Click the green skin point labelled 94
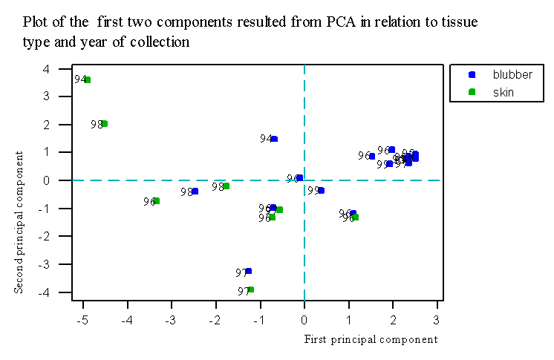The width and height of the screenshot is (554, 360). [88, 79]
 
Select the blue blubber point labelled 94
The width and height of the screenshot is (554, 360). [274, 139]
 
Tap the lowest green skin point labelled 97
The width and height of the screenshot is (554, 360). [251, 289]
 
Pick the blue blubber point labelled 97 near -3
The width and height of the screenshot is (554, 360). [248, 271]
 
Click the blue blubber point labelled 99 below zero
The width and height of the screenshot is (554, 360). [321, 191]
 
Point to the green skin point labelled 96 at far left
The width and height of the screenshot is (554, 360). [156, 201]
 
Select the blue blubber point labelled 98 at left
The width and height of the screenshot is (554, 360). [195, 192]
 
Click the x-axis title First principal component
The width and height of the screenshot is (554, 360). [371, 339]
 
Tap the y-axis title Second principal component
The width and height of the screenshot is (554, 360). [19, 221]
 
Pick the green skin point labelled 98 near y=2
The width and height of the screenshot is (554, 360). [105, 124]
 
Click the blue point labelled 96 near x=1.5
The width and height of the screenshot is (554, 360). [372, 157]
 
